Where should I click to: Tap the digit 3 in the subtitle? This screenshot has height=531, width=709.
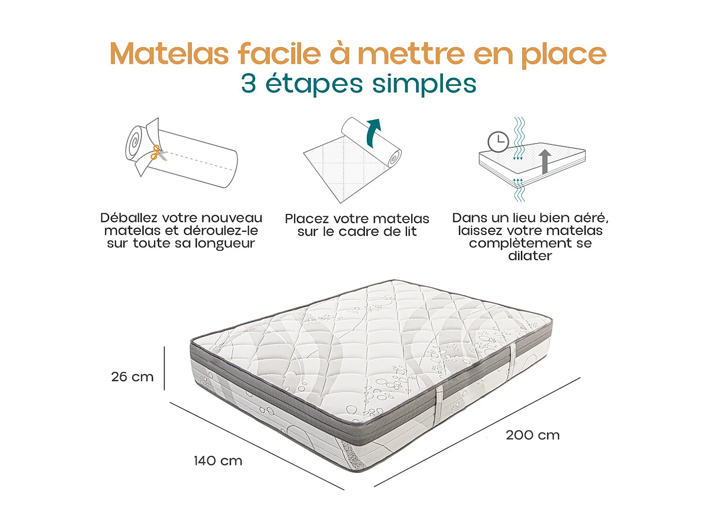click(x=249, y=84)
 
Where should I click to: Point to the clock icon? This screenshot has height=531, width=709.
click(x=498, y=142)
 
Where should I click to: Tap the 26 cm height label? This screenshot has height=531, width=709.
click(x=132, y=377)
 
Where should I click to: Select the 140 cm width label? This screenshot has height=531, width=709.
click(x=218, y=461)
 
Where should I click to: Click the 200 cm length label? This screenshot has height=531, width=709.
click(x=533, y=435)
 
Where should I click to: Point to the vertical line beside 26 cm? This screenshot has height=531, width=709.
click(x=164, y=368)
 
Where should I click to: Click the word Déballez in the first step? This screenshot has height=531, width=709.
click(x=129, y=218)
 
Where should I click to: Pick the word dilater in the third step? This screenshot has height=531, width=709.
click(x=530, y=256)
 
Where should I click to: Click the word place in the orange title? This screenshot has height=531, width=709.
click(x=563, y=54)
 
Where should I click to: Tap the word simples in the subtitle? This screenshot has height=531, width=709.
click(x=424, y=84)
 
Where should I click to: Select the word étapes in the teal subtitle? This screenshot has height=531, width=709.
click(x=314, y=84)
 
